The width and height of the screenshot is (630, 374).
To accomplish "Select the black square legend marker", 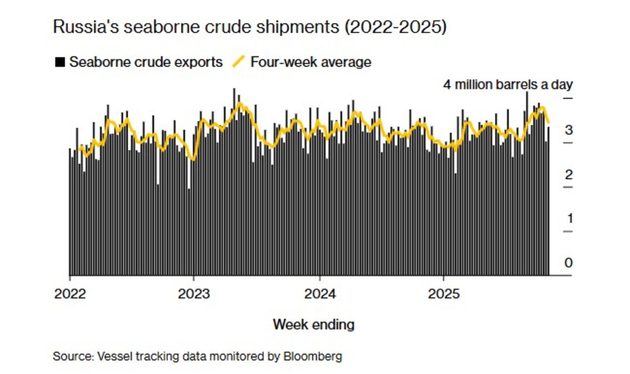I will (60, 62).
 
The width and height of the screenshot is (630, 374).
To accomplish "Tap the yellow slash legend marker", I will (239, 62).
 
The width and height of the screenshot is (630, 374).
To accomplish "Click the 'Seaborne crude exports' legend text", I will (146, 62).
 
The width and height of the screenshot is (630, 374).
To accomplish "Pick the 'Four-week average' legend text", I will (311, 62).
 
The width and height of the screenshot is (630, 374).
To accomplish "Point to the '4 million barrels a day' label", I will (508, 85).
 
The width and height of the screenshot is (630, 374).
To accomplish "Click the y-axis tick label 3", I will (569, 130).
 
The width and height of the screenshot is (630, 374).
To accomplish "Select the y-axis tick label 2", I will (569, 175).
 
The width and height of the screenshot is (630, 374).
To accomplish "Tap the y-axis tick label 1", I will (569, 218).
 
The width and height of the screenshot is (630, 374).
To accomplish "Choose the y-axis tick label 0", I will (569, 263).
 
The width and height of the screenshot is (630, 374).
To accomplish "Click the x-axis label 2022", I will (70, 294).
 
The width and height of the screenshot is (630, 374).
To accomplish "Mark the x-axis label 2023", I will (194, 294).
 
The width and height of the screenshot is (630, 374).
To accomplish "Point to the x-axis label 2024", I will (320, 294).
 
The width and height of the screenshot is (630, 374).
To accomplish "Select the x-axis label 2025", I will (444, 294).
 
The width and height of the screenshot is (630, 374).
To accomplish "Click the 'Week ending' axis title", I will (314, 325).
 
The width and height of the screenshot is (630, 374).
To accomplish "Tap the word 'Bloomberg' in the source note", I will (312, 356).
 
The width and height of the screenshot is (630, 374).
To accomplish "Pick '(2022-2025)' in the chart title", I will (395, 27).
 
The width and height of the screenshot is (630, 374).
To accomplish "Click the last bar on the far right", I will (548, 203).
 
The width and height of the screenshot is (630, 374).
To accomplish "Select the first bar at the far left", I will (70, 213).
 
